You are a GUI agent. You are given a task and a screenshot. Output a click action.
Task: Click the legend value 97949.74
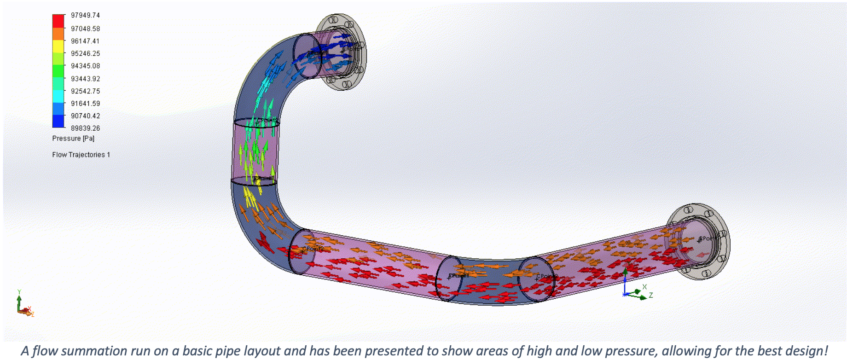pyautogui.click(x=85, y=16)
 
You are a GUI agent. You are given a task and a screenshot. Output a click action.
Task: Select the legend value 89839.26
pyautogui.click(x=85, y=128)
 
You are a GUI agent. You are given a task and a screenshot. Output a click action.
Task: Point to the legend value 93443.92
pyautogui.click(x=85, y=79)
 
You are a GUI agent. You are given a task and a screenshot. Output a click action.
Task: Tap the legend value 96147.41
pyautogui.click(x=85, y=41)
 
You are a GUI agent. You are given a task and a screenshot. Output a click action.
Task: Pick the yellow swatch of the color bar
pyautogui.click(x=58, y=46)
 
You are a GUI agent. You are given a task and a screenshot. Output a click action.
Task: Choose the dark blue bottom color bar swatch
pyautogui.click(x=58, y=121)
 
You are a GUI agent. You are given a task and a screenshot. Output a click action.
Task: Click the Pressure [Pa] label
pyautogui.click(x=73, y=139)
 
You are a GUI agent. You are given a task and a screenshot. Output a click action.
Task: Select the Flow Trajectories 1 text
pyautogui.click(x=81, y=155)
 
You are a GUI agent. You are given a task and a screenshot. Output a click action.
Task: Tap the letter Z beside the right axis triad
pyautogui.click(x=651, y=296)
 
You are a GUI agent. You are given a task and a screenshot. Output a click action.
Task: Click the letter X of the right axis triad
pyautogui.click(x=644, y=287)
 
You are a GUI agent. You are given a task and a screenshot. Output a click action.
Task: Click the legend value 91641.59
pyautogui.click(x=85, y=104)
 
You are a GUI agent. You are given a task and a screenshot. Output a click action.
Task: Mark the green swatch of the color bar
pyautogui.click(x=58, y=71)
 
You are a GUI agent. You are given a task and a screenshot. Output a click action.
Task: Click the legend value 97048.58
pyautogui.click(x=85, y=29)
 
